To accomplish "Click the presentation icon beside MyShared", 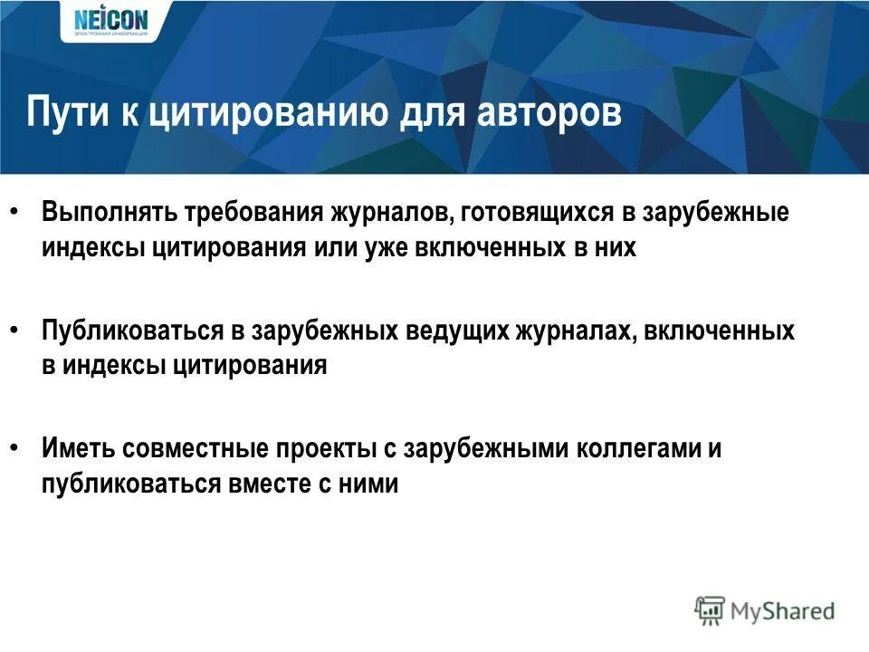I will click(710, 611).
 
